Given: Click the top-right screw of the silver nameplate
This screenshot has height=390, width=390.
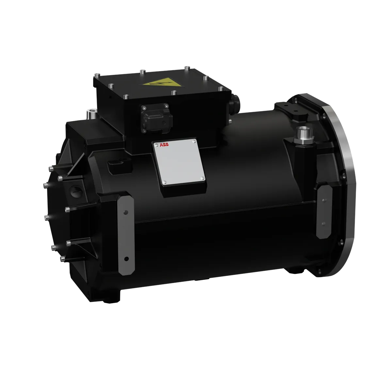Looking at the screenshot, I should click(x=194, y=141).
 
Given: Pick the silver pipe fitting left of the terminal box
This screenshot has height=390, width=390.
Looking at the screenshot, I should click(x=91, y=115).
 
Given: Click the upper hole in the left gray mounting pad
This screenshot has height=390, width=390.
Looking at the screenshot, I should click(x=125, y=212).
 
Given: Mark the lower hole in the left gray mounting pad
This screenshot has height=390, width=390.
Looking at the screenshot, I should click(x=126, y=259).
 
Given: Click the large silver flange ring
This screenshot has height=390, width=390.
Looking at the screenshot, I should click(x=341, y=183).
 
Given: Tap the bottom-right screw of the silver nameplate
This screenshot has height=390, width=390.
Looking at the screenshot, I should click(x=203, y=178).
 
